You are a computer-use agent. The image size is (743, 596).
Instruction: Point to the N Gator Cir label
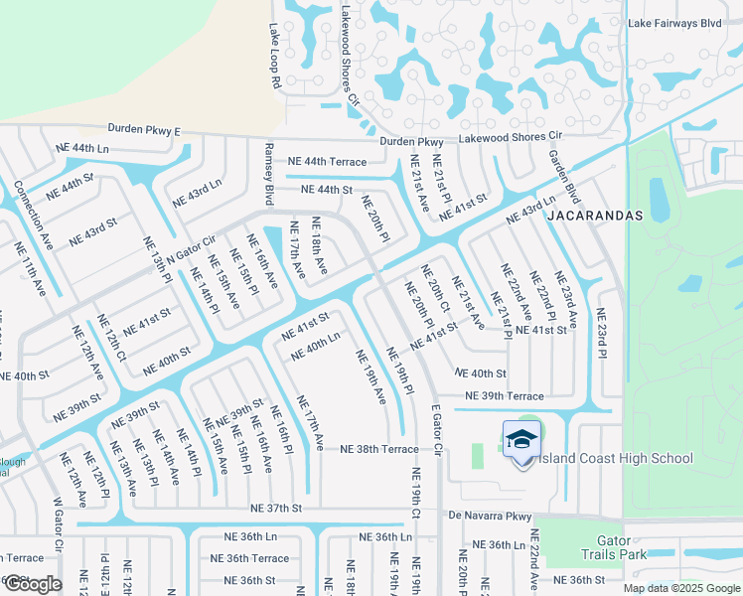point(191,248)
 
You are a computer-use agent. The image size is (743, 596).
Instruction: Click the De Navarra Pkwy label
point(491,516)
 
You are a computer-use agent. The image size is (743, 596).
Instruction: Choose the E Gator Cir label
point(435,428)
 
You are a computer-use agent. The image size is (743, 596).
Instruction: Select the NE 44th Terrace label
point(327,161)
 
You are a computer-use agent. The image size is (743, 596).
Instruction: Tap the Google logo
point(33,584)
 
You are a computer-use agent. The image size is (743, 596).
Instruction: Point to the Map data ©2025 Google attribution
point(682,588)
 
